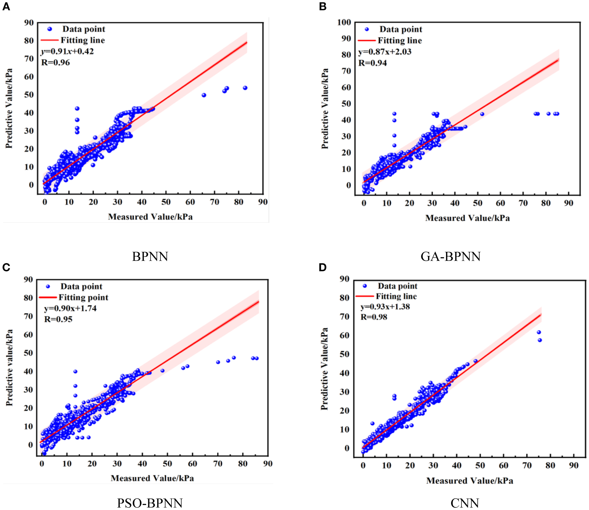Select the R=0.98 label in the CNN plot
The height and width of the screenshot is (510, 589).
pyautogui.click(x=374, y=317)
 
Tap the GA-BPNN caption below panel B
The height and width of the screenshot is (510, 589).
pyautogui.click(x=450, y=257)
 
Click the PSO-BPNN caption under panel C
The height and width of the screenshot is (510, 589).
pyautogui.click(x=150, y=503)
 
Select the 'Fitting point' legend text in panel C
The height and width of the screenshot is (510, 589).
pyautogui.click(x=83, y=297)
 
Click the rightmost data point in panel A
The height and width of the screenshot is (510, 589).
pyautogui.click(x=245, y=88)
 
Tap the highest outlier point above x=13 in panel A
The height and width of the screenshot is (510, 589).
pyautogui.click(x=77, y=108)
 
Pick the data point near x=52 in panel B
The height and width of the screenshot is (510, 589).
pyautogui.click(x=482, y=114)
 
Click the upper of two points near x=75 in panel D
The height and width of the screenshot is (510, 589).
pyautogui.click(x=539, y=332)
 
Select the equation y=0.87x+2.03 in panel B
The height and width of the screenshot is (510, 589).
pyautogui.click(x=385, y=52)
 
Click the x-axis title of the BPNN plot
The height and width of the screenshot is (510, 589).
pyautogui.click(x=150, y=217)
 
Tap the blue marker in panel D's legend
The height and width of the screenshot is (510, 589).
pyautogui.click(x=364, y=286)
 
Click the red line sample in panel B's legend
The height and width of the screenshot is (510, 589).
pyautogui.click(x=367, y=40)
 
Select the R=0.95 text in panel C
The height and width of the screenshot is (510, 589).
pyautogui.click(x=58, y=319)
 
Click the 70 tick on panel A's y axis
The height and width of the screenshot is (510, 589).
pyautogui.click(x=29, y=59)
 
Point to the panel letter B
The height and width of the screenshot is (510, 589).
pyautogui.click(x=322, y=6)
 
